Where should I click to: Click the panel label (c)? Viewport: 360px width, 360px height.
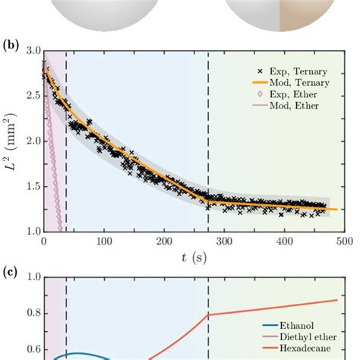click(x=11, y=269)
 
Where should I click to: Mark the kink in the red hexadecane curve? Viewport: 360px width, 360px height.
click(x=208, y=314)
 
